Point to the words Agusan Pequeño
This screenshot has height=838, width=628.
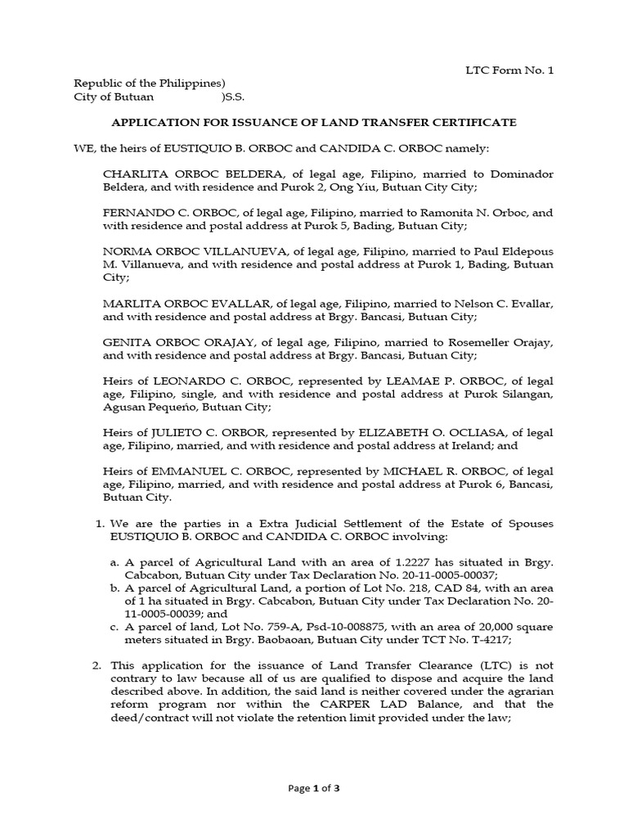click(148, 408)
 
